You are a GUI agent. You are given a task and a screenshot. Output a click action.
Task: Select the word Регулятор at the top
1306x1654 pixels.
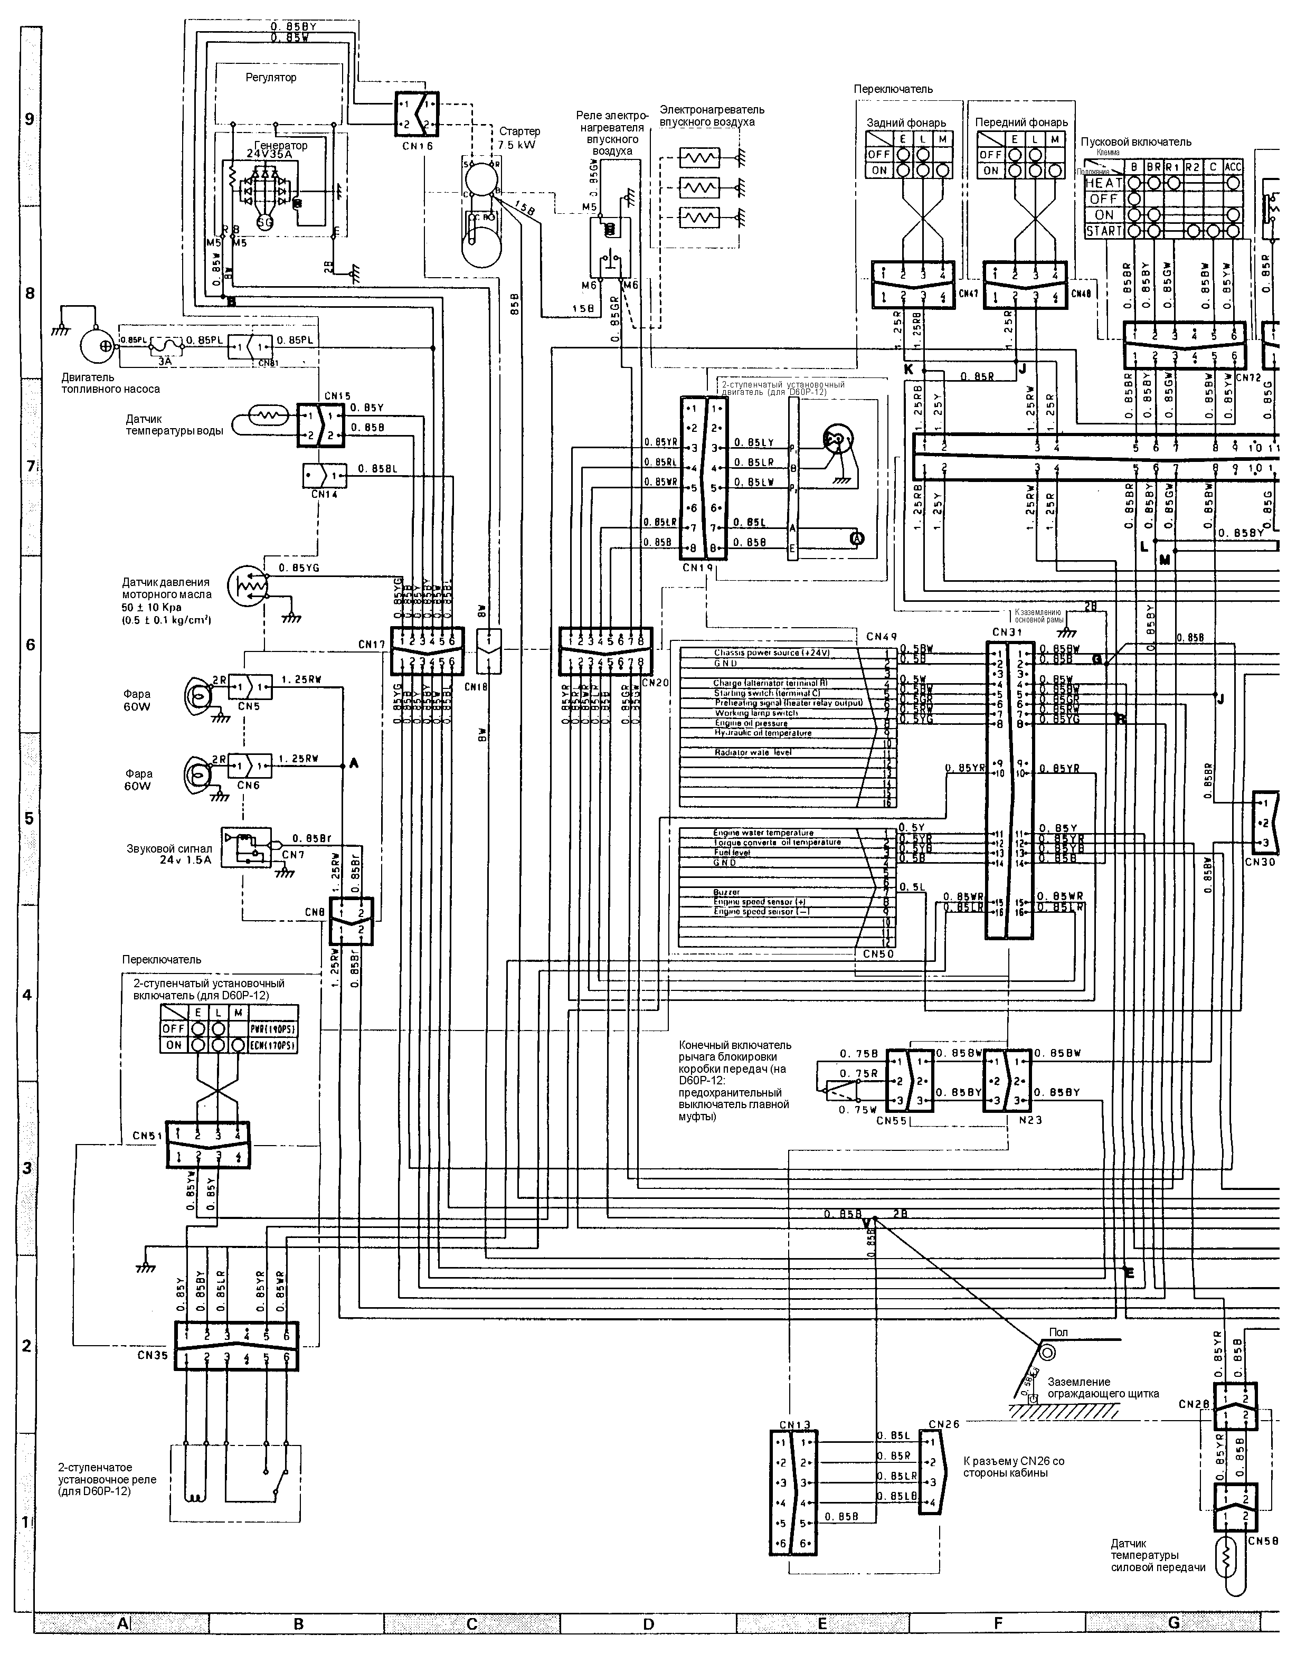[x=271, y=77]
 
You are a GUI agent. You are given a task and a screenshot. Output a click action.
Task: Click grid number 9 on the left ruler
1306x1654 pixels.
[x=29, y=119]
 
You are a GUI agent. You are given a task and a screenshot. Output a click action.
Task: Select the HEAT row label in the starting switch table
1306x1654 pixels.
[x=1103, y=184]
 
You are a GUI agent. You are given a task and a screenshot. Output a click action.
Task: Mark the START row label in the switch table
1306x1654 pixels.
[x=1103, y=231]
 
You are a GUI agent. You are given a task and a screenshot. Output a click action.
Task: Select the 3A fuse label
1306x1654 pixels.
[x=165, y=362]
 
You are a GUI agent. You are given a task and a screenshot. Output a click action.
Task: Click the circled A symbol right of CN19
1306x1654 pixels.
[x=857, y=538]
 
